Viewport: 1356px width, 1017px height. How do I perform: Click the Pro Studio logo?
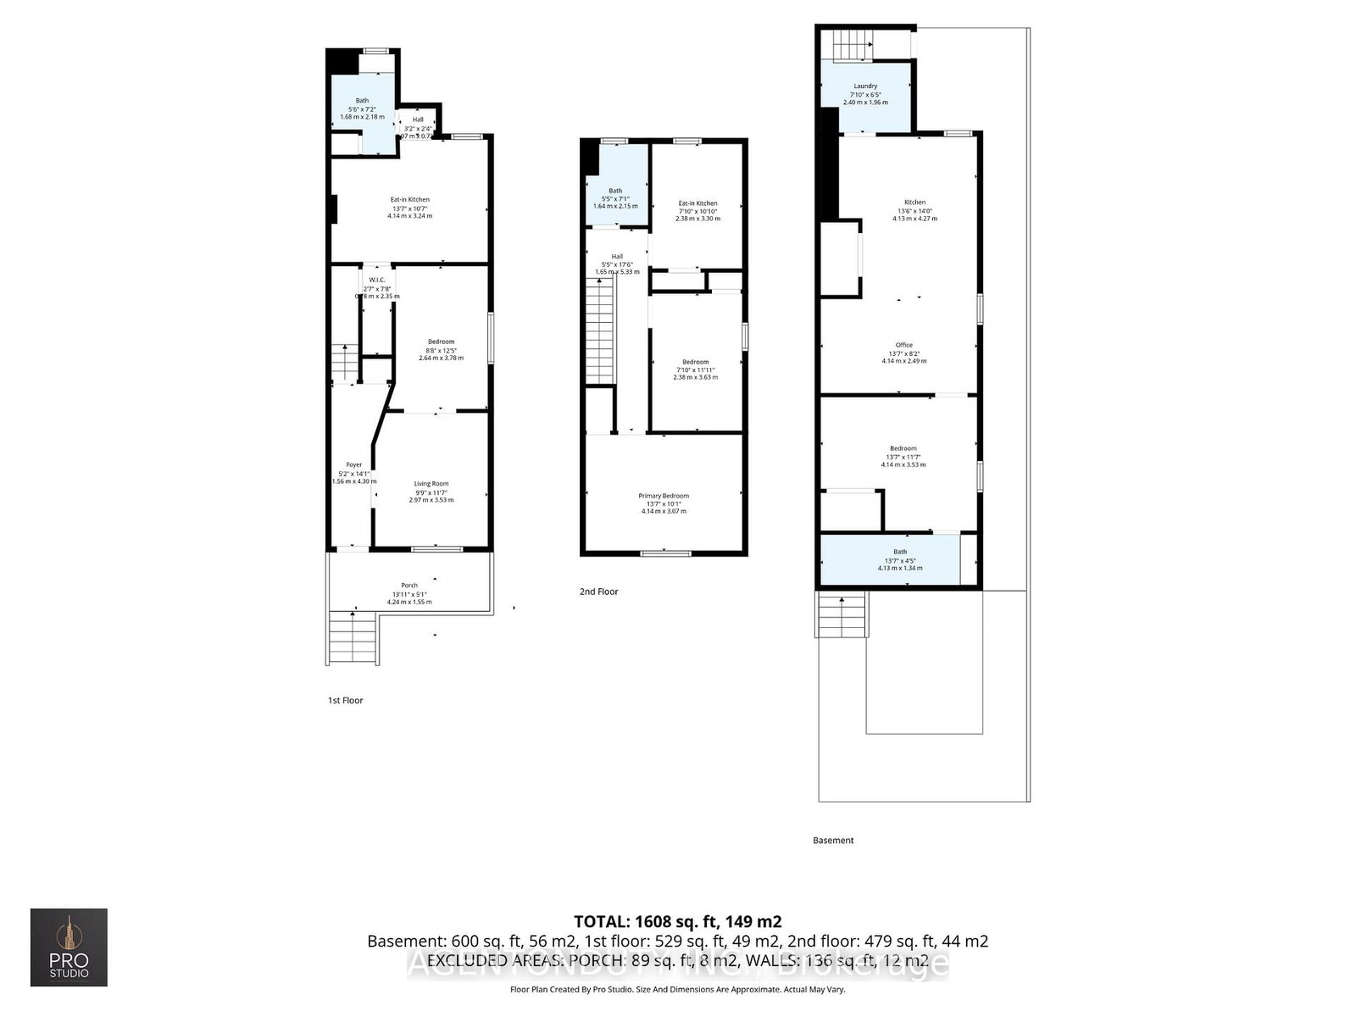pyautogui.click(x=69, y=947)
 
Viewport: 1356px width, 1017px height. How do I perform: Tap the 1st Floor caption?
pyautogui.click(x=345, y=700)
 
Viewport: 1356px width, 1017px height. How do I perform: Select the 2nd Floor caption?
pyautogui.click(x=598, y=592)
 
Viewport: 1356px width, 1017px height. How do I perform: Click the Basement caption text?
pyautogui.click(x=833, y=840)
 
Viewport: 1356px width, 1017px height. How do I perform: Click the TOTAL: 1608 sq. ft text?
pyautogui.click(x=677, y=921)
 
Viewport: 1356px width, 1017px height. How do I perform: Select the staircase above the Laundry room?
pyautogui.click(x=853, y=45)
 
